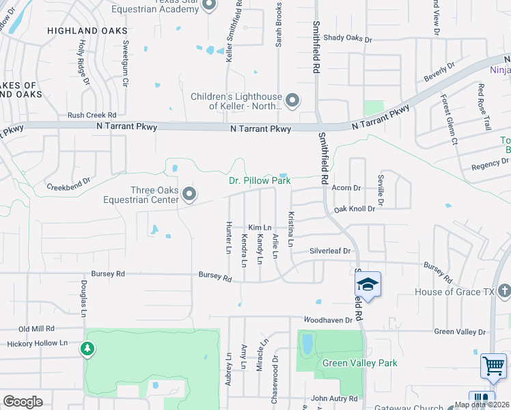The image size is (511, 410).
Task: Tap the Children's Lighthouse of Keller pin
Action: coord(292,101)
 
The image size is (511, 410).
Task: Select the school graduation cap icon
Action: coord(368,285)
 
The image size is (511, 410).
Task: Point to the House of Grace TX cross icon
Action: coord(504,292)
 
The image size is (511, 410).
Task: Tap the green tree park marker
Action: coord(87,349)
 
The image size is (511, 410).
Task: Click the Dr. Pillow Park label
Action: coord(259,181)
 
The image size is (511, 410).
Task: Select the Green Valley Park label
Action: coord(359,363)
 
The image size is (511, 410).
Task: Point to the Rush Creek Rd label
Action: coord(92,115)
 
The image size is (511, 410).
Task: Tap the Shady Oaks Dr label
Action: coord(348,39)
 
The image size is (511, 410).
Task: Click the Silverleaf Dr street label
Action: coord(330,251)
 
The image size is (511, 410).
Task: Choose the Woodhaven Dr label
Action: coord(329,319)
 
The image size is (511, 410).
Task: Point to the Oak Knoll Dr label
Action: coord(354,208)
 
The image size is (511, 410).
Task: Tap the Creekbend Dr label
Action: coord(68,186)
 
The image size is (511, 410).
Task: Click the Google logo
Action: coord(23,401)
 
